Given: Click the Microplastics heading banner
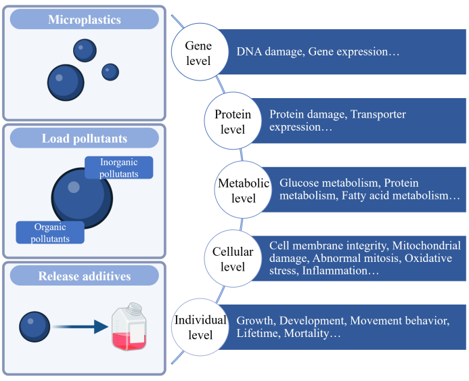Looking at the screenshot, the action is tap(85, 19).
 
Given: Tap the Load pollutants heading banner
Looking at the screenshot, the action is tap(85, 138).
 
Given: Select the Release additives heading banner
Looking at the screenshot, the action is tap(85, 275).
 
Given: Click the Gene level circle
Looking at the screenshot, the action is tap(200, 52).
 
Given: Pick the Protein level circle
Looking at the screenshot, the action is tap(233, 120).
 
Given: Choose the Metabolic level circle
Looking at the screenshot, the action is tap(243, 189).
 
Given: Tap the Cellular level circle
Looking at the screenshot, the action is tap(233, 258).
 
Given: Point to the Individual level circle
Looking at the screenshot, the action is tap(200, 327).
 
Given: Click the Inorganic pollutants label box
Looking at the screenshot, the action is tap(118, 168).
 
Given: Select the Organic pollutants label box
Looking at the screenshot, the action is tap(50, 232).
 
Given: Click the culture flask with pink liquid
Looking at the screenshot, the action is tap(129, 327).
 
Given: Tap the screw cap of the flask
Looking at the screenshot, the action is tap(135, 308).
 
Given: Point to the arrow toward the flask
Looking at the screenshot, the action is tap(80, 327).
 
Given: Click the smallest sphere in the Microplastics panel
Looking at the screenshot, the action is tap(110, 72).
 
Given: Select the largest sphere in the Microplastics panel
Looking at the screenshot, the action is tap(66, 83).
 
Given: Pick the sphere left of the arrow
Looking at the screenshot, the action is tap(35, 327).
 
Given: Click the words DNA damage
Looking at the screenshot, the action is tap(269, 51).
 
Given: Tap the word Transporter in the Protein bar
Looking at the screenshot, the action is tap(378, 114).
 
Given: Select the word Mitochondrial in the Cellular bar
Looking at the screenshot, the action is tap(426, 246).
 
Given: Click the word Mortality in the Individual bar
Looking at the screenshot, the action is tap(312, 333).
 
